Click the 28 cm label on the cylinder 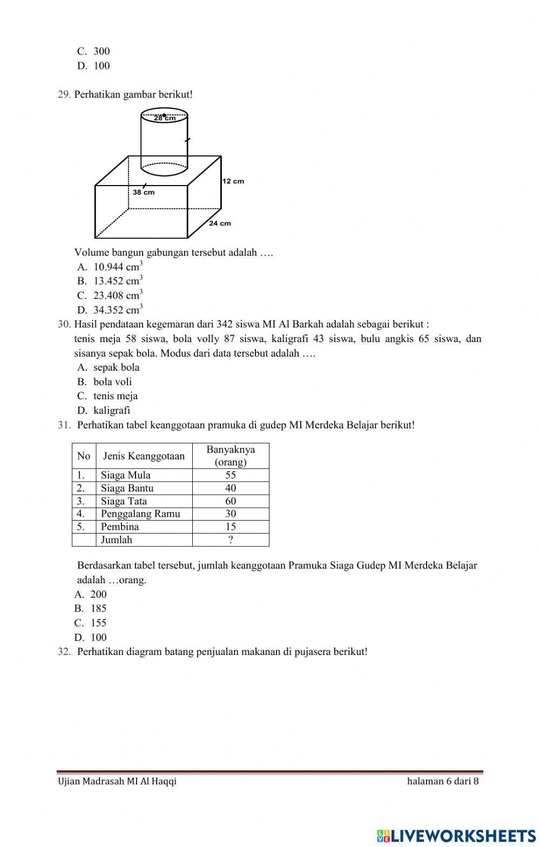pos(164,118)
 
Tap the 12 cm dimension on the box pos(233,181)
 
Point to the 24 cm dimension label pos(220,223)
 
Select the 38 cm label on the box pos(144,192)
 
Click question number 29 pos(64,95)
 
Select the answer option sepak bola pos(116,367)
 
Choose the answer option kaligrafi pos(111,411)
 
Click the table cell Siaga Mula pos(126,475)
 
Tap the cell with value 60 pos(231,501)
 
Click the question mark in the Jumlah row pos(231,540)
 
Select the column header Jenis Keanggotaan pos(144,456)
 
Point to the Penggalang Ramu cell pos(140,514)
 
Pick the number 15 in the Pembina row pos(231,527)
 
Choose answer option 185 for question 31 pos(98,609)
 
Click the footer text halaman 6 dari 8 pos(443,781)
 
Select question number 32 pos(64,652)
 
